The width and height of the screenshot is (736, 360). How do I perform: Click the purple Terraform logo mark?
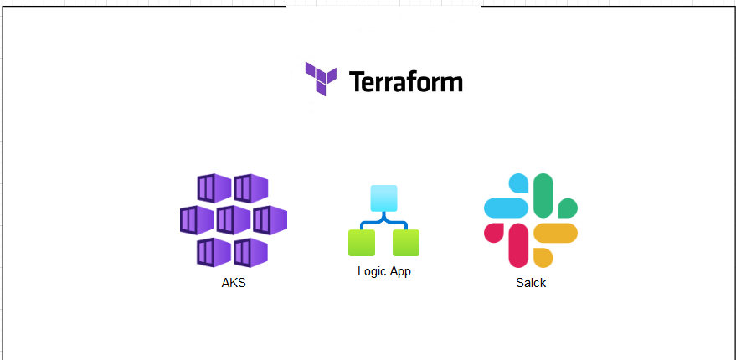[x=321, y=78]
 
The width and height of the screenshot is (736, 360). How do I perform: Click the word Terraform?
[x=405, y=82]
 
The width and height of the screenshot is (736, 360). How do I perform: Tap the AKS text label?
[x=234, y=283]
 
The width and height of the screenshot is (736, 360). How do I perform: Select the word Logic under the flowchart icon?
[x=372, y=271]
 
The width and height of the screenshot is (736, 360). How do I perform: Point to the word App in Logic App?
[x=399, y=271]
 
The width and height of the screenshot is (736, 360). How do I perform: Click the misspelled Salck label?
[x=531, y=283]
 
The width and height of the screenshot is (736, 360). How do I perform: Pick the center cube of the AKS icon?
[x=234, y=220]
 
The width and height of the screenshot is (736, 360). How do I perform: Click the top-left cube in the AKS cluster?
[x=214, y=188]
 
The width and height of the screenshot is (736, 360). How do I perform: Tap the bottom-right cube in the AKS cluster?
[x=251, y=252]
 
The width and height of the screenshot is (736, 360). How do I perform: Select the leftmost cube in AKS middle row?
[x=197, y=220]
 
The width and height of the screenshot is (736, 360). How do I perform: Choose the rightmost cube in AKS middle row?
[x=270, y=220]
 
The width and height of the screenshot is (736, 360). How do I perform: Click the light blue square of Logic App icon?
[x=383, y=198]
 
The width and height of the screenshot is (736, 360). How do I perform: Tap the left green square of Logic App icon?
[x=362, y=243]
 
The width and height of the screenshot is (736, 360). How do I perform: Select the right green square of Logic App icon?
[x=406, y=243]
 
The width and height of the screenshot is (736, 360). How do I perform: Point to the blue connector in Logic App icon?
[x=383, y=223]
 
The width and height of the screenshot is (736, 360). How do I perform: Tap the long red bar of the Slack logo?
[x=519, y=244]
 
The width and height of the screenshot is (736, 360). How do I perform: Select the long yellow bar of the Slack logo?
[x=555, y=233]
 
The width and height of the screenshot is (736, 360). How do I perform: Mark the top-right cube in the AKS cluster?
[x=251, y=188]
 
